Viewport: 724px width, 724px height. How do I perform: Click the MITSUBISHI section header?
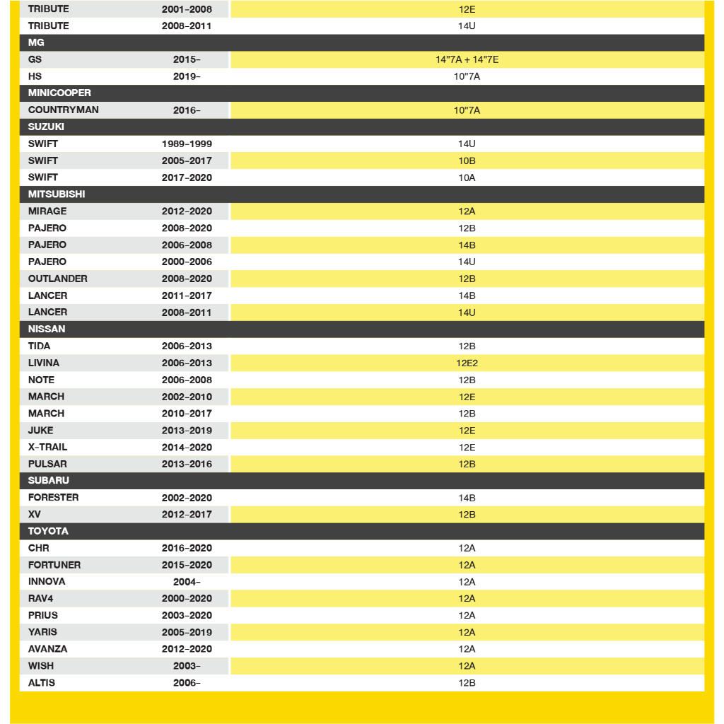point(57,194)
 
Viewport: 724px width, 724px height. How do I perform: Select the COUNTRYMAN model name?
point(64,110)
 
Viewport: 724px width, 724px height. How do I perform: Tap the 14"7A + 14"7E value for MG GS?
point(467,60)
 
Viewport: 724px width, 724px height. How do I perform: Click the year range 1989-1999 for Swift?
point(187,144)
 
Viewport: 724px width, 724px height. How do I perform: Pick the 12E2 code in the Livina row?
point(467,363)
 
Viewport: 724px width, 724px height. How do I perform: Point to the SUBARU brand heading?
point(49,481)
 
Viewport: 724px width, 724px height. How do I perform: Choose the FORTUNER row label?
point(54,565)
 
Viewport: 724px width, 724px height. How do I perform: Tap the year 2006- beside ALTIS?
point(187,683)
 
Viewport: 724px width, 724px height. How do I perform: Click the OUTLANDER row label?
point(58,279)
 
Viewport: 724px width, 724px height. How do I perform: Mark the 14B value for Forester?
point(467,498)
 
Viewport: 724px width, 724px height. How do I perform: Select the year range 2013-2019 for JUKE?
point(187,431)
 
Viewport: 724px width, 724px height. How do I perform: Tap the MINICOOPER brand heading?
point(59,93)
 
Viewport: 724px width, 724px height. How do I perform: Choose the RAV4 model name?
point(41,599)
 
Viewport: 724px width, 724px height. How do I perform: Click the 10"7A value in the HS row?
point(467,76)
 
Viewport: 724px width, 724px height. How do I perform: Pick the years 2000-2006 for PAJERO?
point(187,262)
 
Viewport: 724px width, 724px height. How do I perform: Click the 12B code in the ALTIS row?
point(467,683)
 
